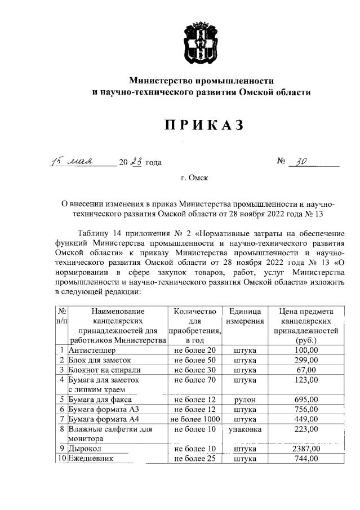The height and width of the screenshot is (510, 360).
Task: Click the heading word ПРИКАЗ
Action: click(x=203, y=125)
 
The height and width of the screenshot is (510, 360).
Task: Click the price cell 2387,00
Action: click(x=306, y=449)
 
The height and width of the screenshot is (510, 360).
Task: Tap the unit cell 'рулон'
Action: click(x=245, y=400)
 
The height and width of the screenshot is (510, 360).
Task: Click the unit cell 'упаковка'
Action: click(x=245, y=429)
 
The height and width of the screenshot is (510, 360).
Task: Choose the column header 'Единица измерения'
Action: click(x=245, y=316)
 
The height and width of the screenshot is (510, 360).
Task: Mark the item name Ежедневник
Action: click(x=91, y=459)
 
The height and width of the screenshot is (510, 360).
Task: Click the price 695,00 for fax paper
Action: click(x=306, y=400)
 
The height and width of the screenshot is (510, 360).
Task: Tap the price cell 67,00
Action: click(x=306, y=370)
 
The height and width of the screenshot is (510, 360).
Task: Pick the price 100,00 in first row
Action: click(x=306, y=350)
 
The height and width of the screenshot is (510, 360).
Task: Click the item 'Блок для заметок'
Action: click(x=100, y=360)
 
